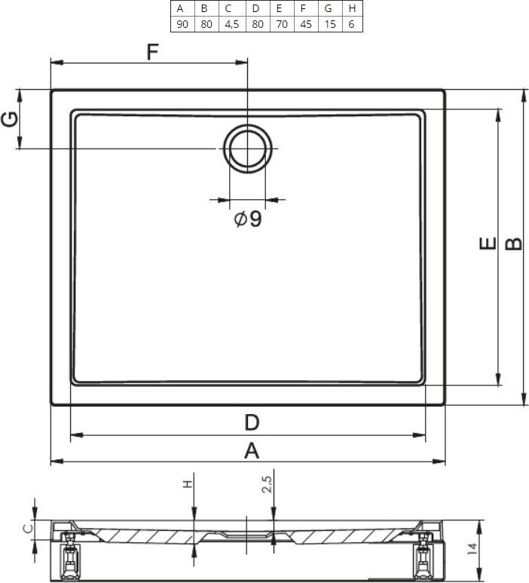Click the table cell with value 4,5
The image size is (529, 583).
point(232,24)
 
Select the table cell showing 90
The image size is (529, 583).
point(182,24)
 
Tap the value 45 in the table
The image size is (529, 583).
point(306,24)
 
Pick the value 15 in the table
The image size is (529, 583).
point(330,24)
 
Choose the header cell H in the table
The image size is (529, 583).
point(352,8)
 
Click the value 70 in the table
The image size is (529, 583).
point(282,24)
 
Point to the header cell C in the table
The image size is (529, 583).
point(228,8)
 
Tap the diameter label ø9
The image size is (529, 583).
point(248,219)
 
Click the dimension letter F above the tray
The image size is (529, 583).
point(152,52)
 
